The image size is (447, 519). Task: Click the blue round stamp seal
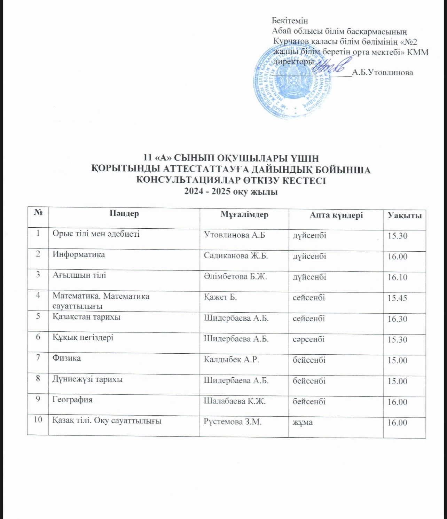pyautogui.click(x=293, y=82)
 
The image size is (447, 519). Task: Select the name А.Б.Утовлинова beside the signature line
pyautogui.click(x=383, y=73)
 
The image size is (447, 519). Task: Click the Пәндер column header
pyautogui.click(x=124, y=213)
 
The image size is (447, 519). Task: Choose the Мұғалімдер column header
pyautogui.click(x=244, y=214)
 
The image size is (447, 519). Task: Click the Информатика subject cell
pyautogui.click(x=79, y=254)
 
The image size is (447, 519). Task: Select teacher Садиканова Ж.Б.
pyautogui.click(x=236, y=256)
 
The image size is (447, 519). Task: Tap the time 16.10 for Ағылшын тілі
pyautogui.click(x=397, y=277)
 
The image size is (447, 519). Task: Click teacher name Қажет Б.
pyautogui.click(x=220, y=297)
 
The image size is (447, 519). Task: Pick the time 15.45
pyautogui.click(x=397, y=298)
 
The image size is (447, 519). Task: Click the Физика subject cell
pyautogui.click(x=66, y=358)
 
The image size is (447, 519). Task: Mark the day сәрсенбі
pyautogui.click(x=308, y=339)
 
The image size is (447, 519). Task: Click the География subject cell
pyautogui.click(x=72, y=400)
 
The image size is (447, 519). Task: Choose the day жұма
pyautogui.click(x=303, y=422)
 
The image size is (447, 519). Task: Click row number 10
pyautogui.click(x=38, y=420)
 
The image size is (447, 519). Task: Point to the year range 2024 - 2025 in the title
pyautogui.click(x=207, y=192)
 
